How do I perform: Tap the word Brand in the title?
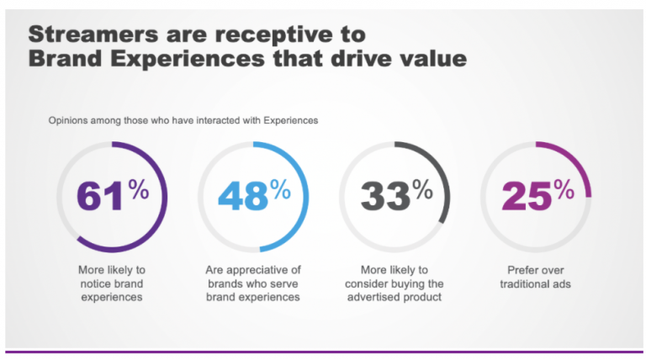pyautogui.click(x=63, y=60)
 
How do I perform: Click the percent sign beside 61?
pyautogui.click(x=139, y=189)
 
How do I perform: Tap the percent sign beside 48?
pyautogui.click(x=280, y=189)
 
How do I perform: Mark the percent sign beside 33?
pyautogui.click(x=422, y=189)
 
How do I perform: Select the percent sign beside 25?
pyautogui.click(x=564, y=189)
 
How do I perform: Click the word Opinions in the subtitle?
pyautogui.click(x=68, y=120)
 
